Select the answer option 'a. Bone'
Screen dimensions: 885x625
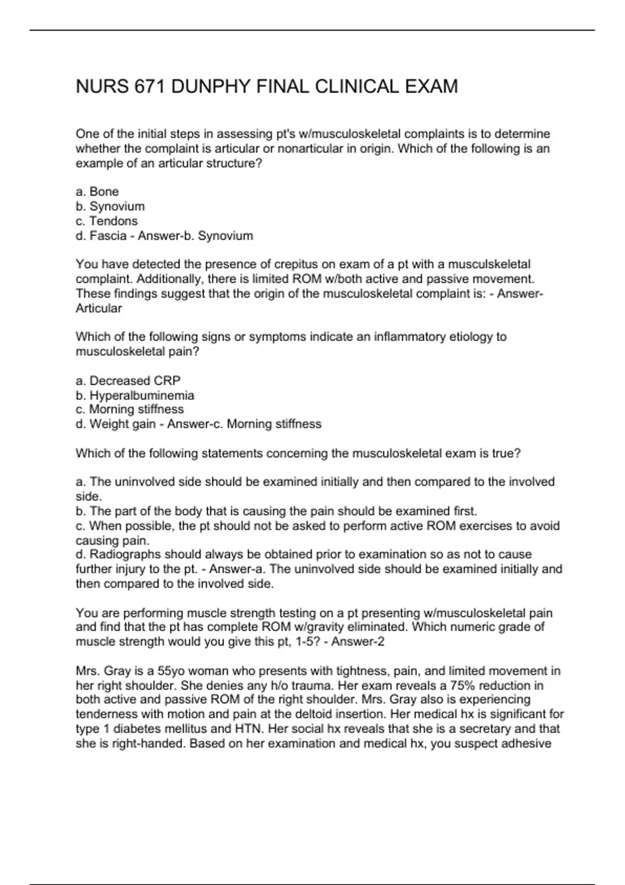[97, 192]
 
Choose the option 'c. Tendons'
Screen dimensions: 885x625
[107, 221]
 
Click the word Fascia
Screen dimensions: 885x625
[108, 236]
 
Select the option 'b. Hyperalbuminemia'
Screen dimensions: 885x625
[135, 395]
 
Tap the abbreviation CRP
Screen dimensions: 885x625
[167, 381]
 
